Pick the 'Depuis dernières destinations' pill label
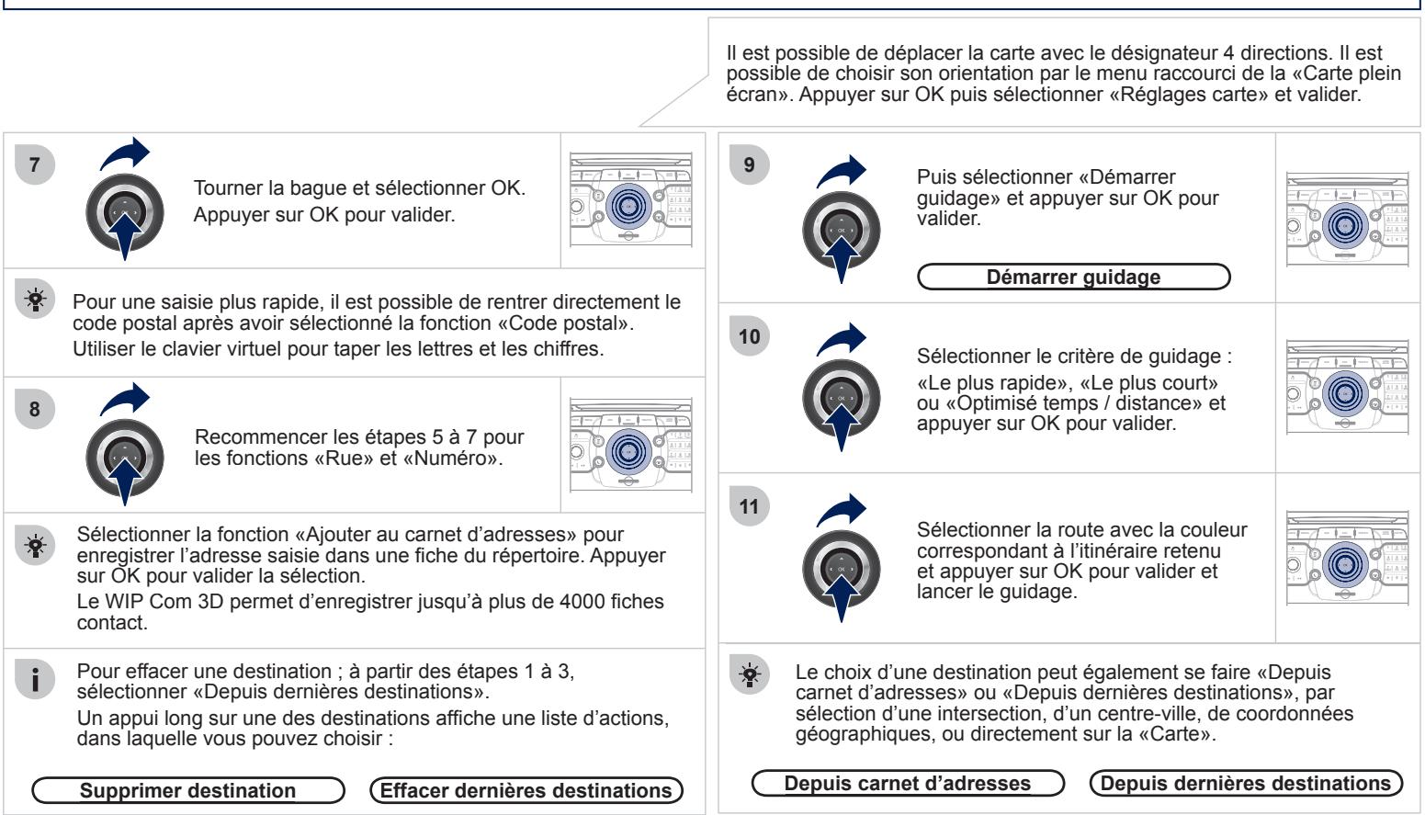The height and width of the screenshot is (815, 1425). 1246,783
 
